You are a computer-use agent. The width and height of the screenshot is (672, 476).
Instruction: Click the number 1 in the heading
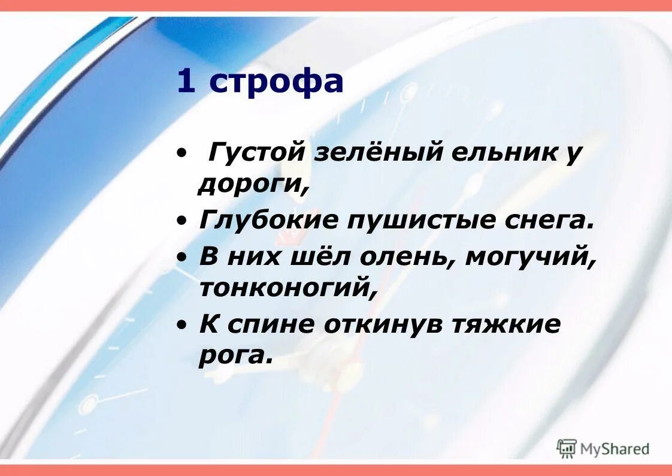pos(186,82)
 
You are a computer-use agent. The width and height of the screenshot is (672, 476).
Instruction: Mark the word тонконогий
pos(287,289)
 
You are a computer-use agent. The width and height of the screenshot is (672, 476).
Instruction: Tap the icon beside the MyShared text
pos(567,448)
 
